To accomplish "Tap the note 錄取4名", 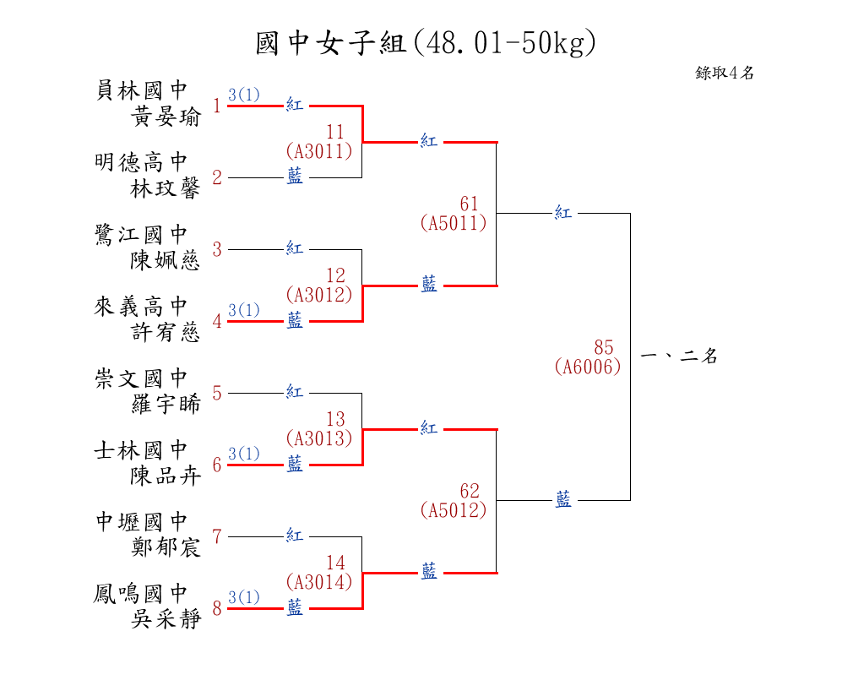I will coord(725,73).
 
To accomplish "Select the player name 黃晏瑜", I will coord(166,117).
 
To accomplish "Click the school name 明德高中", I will coord(141,161).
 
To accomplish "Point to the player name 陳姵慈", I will coord(166,261).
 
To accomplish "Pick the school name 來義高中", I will coord(141,306).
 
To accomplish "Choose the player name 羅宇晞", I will coord(166,405).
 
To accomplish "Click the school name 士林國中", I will coord(141,449).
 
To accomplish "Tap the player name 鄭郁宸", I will coord(166,548).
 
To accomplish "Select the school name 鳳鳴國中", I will coord(141,593).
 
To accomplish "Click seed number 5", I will coord(217,394).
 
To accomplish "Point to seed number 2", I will coord(217,178).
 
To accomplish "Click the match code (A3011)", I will coord(318,151).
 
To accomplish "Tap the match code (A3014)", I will coord(318,582).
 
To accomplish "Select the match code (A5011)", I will coord(453,223).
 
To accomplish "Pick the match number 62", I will coord(470,491).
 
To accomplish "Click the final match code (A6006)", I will coord(588,367).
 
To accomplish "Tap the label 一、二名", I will coord(679,356).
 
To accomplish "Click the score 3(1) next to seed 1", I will coord(244,95).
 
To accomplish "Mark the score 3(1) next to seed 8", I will coord(244,597).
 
